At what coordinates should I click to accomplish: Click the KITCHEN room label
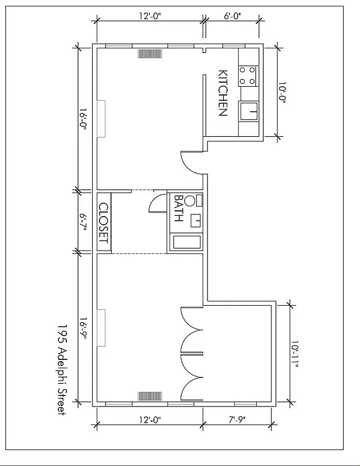(223, 93)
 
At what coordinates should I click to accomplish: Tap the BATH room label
(179, 209)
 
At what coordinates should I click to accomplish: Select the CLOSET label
(104, 223)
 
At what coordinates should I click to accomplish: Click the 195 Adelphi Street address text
(62, 369)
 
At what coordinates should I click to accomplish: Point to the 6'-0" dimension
(232, 16)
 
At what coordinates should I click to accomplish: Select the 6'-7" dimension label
(83, 223)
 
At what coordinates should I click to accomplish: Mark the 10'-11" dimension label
(296, 355)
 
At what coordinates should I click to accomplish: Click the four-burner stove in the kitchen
(248, 75)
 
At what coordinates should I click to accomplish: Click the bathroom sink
(197, 220)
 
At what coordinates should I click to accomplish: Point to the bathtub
(186, 243)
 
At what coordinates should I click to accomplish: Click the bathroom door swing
(158, 203)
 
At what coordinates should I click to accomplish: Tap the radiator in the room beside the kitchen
(150, 54)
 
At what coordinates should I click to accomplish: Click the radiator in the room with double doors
(150, 396)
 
